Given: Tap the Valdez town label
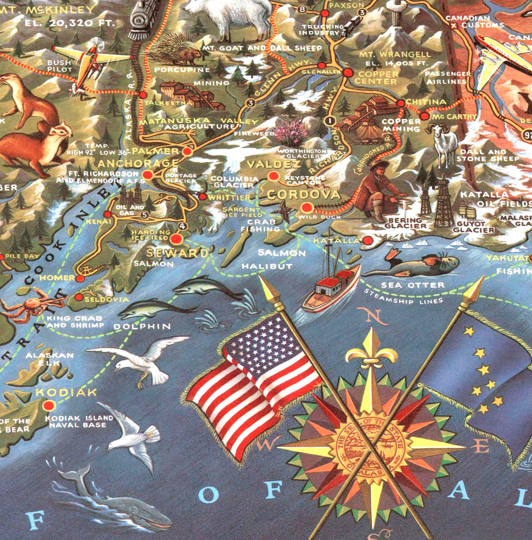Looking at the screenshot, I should (x=274, y=165).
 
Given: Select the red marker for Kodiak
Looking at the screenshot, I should (x=49, y=406).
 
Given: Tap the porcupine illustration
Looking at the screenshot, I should (x=179, y=51).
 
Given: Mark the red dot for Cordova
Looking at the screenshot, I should (x=307, y=208).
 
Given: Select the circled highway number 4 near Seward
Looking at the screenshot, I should (x=183, y=226).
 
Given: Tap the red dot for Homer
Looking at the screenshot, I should (x=80, y=278).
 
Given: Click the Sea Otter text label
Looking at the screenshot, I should (x=413, y=285).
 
